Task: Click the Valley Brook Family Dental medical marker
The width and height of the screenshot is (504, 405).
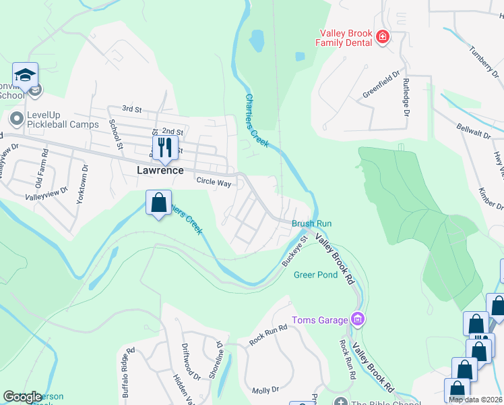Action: [383, 36]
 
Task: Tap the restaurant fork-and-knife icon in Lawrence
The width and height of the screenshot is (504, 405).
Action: [164, 146]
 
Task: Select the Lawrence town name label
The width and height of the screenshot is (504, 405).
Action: [160, 170]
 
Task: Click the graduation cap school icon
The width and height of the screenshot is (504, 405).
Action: [25, 76]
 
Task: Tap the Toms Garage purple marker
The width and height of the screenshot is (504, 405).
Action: [358, 319]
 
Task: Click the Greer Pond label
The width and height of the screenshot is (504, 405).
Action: [315, 275]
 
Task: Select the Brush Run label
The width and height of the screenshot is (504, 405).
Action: [311, 223]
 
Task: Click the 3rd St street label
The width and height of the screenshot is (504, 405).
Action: [131, 109]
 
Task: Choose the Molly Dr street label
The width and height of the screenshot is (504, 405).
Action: [265, 391]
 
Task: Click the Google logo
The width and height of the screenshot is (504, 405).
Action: [22, 397]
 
